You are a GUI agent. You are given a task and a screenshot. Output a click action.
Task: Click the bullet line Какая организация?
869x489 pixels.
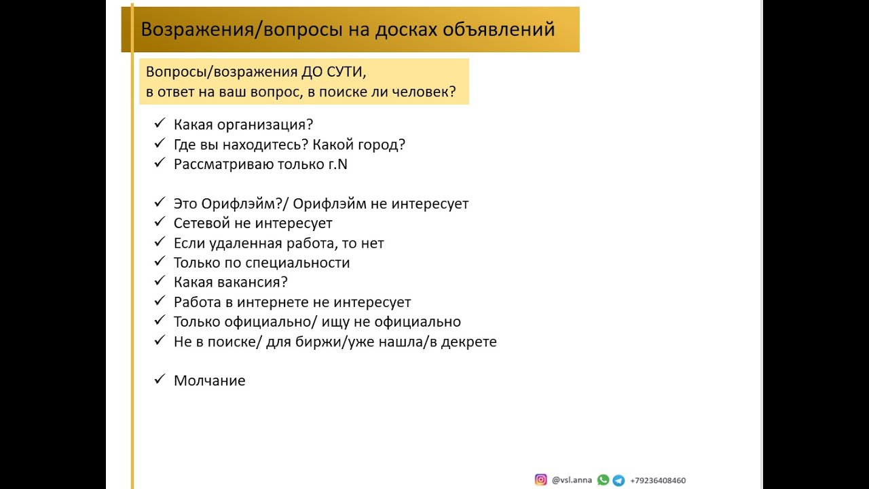(x=243, y=125)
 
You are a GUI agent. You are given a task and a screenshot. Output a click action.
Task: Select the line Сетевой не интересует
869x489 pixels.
(x=253, y=223)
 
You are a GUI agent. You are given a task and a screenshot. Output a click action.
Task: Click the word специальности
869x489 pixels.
(x=299, y=263)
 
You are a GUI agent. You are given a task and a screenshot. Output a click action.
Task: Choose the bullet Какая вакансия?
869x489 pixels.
(x=231, y=283)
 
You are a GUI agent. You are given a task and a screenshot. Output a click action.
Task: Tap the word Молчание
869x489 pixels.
(x=209, y=381)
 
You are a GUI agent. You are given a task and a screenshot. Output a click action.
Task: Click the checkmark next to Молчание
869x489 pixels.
(x=160, y=380)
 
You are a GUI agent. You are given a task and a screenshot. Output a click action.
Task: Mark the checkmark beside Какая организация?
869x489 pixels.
(x=160, y=124)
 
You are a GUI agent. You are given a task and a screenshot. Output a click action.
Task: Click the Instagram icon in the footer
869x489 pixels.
(x=541, y=480)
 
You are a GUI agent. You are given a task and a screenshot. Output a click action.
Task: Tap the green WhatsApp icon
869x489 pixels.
(x=603, y=480)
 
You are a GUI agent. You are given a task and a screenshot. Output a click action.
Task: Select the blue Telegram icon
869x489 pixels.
(x=618, y=480)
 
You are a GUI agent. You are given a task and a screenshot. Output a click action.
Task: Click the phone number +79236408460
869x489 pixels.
(x=658, y=481)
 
